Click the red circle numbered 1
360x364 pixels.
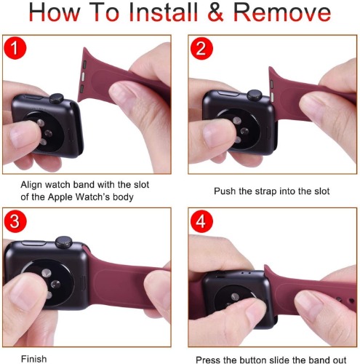(x=15, y=48)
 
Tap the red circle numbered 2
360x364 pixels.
(x=201, y=48)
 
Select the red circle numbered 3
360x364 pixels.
(x=15, y=221)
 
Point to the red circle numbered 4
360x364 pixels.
(x=201, y=221)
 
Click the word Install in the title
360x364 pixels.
(x=164, y=12)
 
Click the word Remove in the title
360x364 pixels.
(x=282, y=12)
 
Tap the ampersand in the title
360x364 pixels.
(x=216, y=12)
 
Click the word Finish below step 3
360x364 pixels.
(x=34, y=359)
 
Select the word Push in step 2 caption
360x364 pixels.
(x=225, y=191)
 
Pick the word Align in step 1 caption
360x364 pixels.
(x=31, y=185)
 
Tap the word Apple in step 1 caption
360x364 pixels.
(x=60, y=197)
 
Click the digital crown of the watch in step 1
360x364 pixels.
(x=57, y=98)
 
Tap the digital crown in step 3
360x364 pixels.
(x=63, y=242)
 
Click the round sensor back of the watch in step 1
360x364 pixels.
(x=44, y=132)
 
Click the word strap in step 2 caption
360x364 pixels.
(x=266, y=191)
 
